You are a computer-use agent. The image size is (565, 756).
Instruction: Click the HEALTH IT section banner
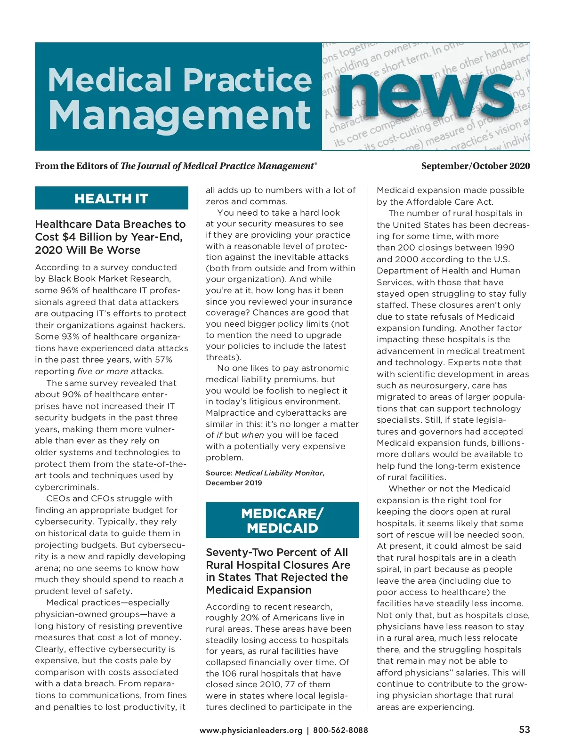click(x=111, y=199)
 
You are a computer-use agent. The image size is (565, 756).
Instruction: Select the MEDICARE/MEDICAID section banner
click(x=282, y=520)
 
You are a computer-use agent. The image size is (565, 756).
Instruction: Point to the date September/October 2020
click(x=475, y=166)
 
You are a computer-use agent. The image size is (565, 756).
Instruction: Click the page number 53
click(x=524, y=730)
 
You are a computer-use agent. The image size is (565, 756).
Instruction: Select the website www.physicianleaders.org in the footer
click(x=251, y=731)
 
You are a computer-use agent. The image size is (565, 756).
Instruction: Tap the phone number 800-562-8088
click(x=340, y=731)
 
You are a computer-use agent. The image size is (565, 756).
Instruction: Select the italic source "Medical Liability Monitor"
click(x=279, y=473)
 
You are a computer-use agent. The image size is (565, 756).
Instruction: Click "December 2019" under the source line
click(x=234, y=483)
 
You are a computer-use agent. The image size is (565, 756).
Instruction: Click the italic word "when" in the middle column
click(x=252, y=435)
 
